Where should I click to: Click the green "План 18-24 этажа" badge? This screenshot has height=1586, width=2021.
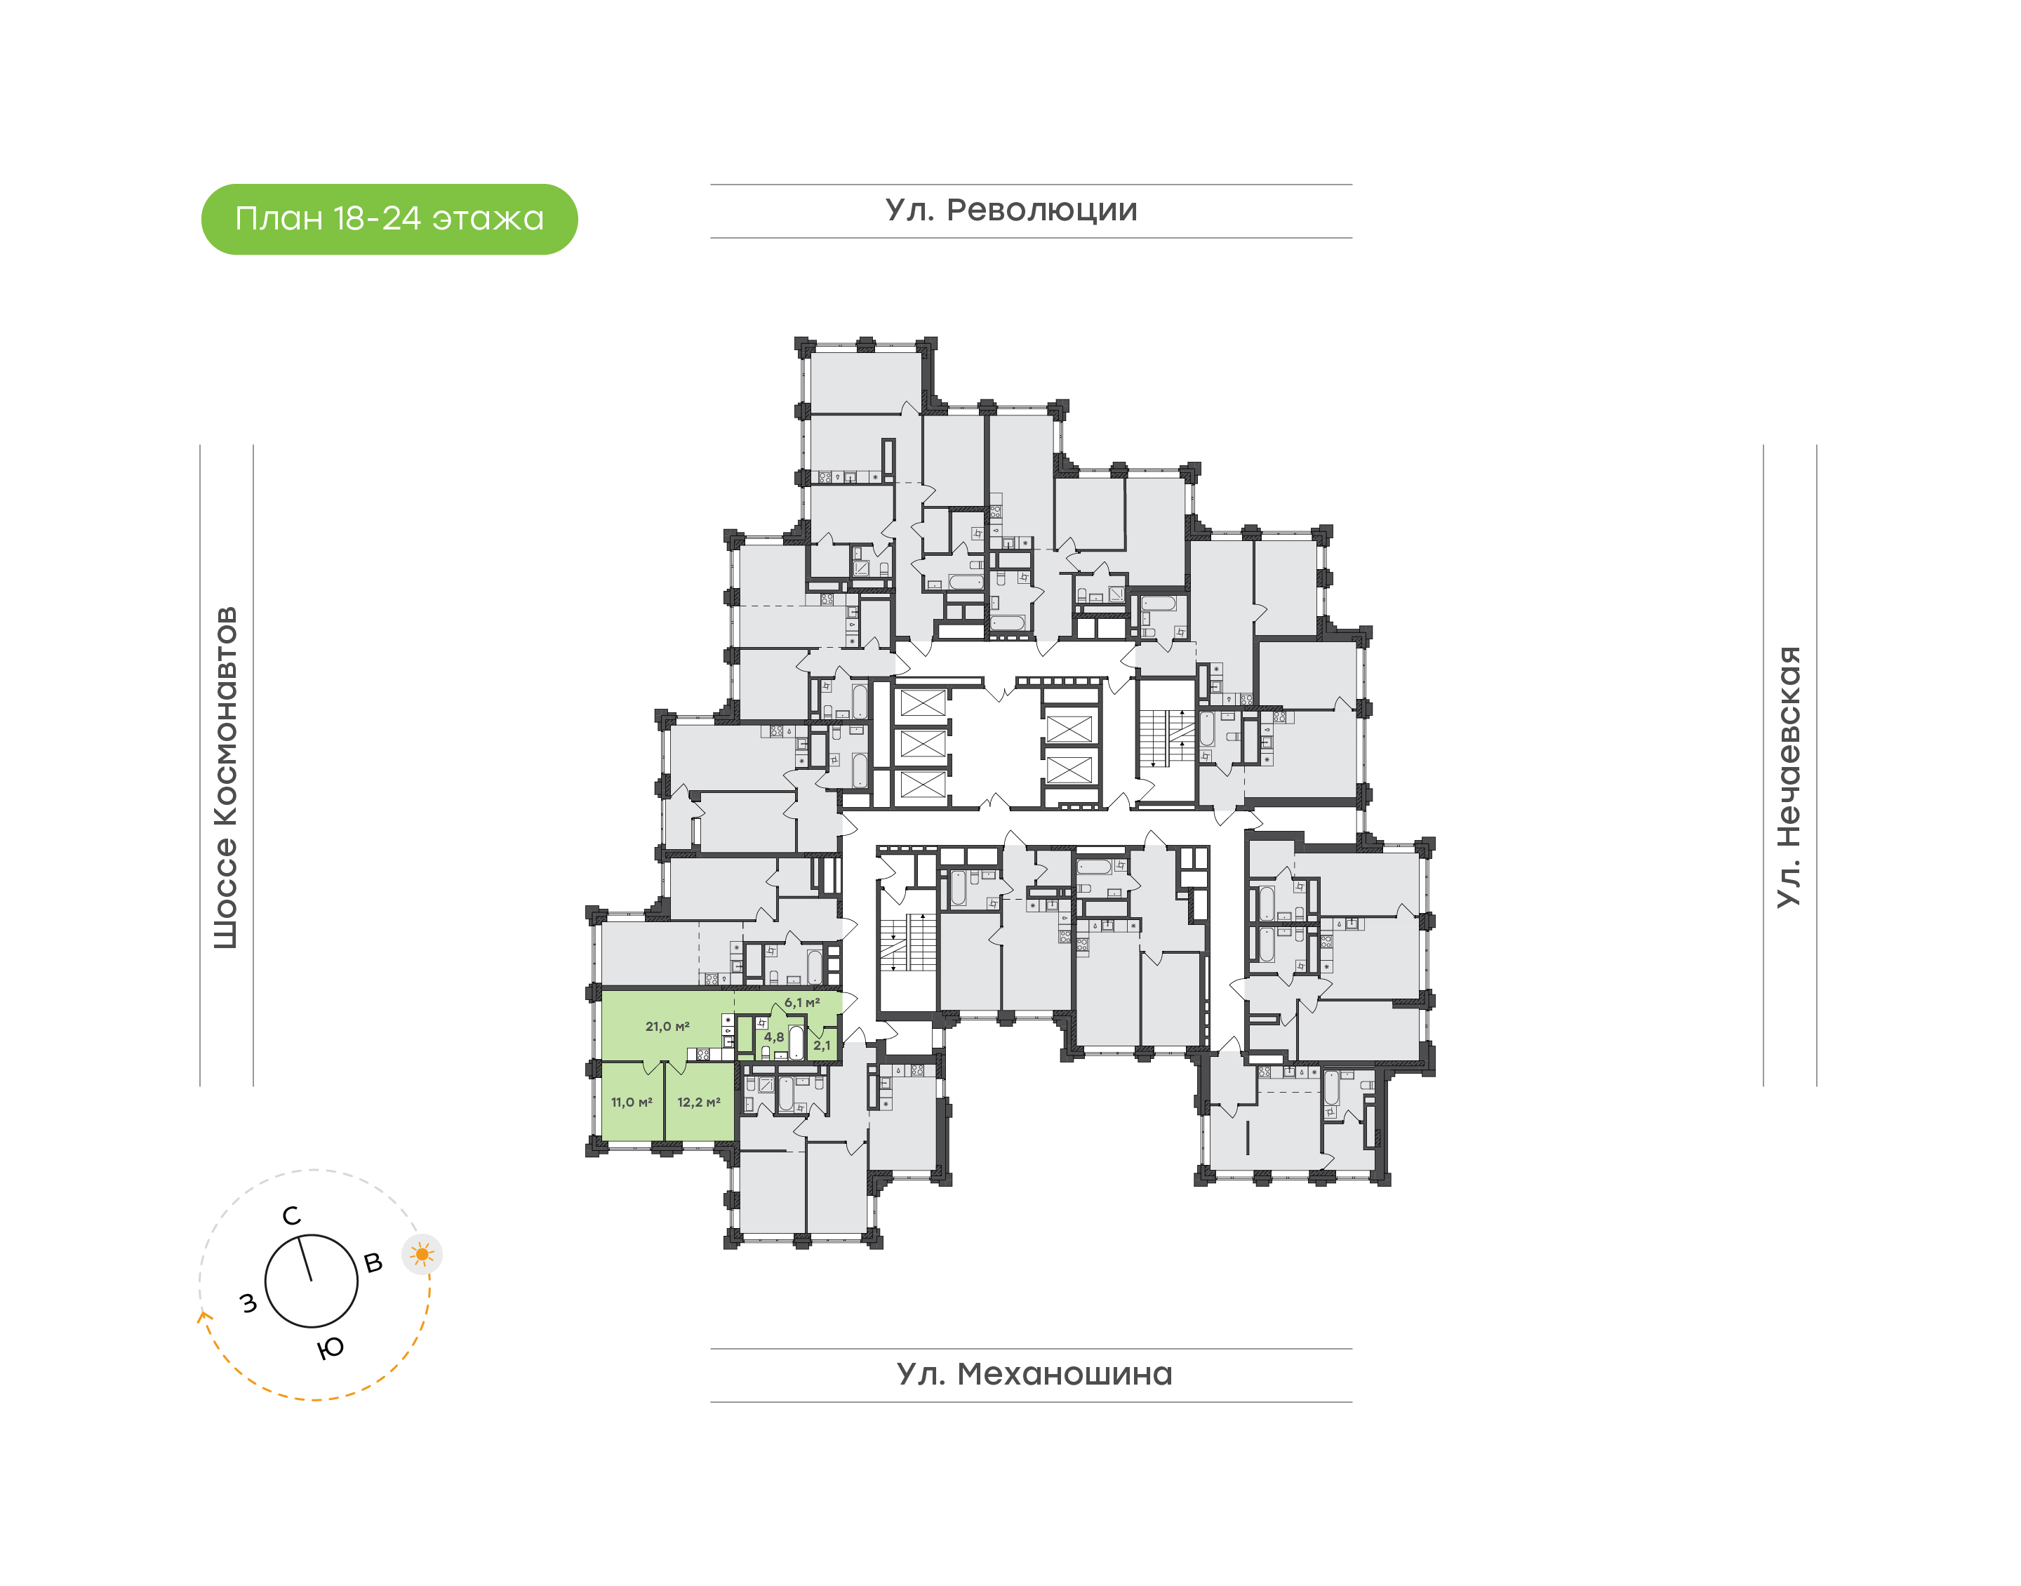[x=389, y=219]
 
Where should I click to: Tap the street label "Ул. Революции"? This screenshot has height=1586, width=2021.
[x=1011, y=211]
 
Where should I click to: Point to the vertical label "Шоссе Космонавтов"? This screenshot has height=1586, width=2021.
[x=225, y=778]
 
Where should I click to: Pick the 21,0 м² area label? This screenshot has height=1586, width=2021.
[x=667, y=1026]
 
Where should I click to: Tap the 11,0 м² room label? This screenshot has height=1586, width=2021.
[x=632, y=1102]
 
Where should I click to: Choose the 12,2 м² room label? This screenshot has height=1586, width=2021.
[x=698, y=1102]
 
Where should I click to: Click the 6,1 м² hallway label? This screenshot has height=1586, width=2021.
[x=802, y=1003]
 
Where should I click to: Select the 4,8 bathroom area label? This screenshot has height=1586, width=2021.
[x=773, y=1037]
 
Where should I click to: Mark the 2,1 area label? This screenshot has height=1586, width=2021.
[x=822, y=1046]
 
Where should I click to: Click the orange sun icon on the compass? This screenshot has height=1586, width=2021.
[x=422, y=1255]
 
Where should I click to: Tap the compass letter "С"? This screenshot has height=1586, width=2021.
[x=291, y=1216]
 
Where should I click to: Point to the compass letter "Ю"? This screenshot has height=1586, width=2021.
[x=331, y=1348]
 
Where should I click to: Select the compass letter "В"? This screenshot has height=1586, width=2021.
[x=373, y=1263]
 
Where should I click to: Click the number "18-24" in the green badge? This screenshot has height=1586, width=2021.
[x=376, y=219]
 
